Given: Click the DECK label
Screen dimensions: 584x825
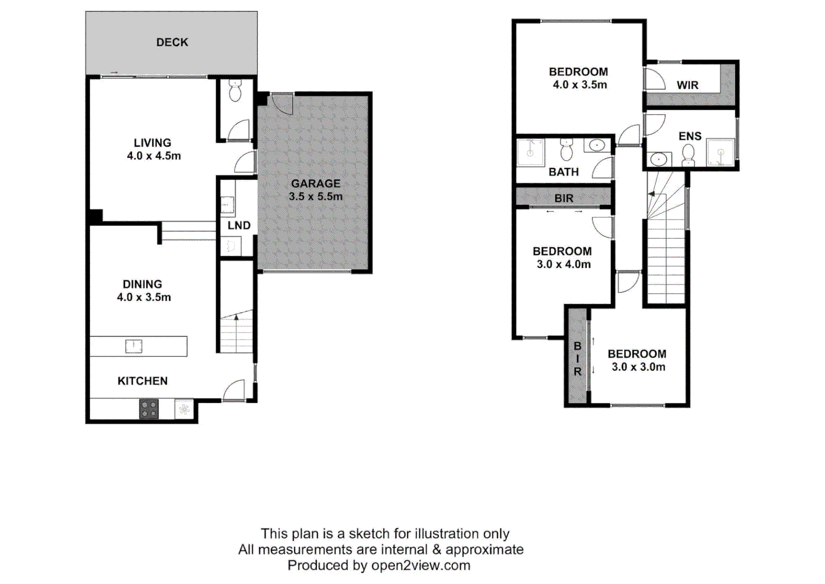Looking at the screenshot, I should point(172,42).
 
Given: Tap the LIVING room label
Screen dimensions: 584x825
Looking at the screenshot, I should point(152,143).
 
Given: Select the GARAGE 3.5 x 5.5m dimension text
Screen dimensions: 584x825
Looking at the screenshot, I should point(316,197).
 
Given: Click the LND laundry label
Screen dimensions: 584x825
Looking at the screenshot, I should point(239,225).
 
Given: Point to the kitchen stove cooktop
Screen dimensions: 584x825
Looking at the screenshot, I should point(149,409).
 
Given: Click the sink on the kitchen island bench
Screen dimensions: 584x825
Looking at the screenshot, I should point(133,346).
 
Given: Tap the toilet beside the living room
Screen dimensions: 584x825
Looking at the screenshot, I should point(234,91).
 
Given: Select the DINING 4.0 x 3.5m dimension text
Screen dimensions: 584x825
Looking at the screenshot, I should point(144,297).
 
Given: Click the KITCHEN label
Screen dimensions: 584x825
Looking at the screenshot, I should point(143,381).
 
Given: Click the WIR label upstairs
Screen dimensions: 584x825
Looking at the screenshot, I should point(687,85).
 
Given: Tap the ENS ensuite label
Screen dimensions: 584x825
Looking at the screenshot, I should point(690,136).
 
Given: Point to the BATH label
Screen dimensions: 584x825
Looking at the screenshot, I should point(564,172).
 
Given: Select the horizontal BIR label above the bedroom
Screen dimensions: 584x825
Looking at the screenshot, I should point(564,198).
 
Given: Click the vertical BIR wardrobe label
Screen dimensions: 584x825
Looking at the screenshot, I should point(578,359).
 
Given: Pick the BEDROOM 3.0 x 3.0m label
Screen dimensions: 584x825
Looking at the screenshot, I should point(637,360).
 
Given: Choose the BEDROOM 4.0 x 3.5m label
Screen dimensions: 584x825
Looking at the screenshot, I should point(579,78).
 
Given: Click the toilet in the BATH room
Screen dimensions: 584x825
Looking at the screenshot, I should point(566,150).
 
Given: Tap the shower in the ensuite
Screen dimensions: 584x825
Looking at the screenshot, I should point(720,152).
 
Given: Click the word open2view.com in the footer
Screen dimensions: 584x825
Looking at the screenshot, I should point(420,566).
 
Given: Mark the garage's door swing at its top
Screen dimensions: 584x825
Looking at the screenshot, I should point(282,104).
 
